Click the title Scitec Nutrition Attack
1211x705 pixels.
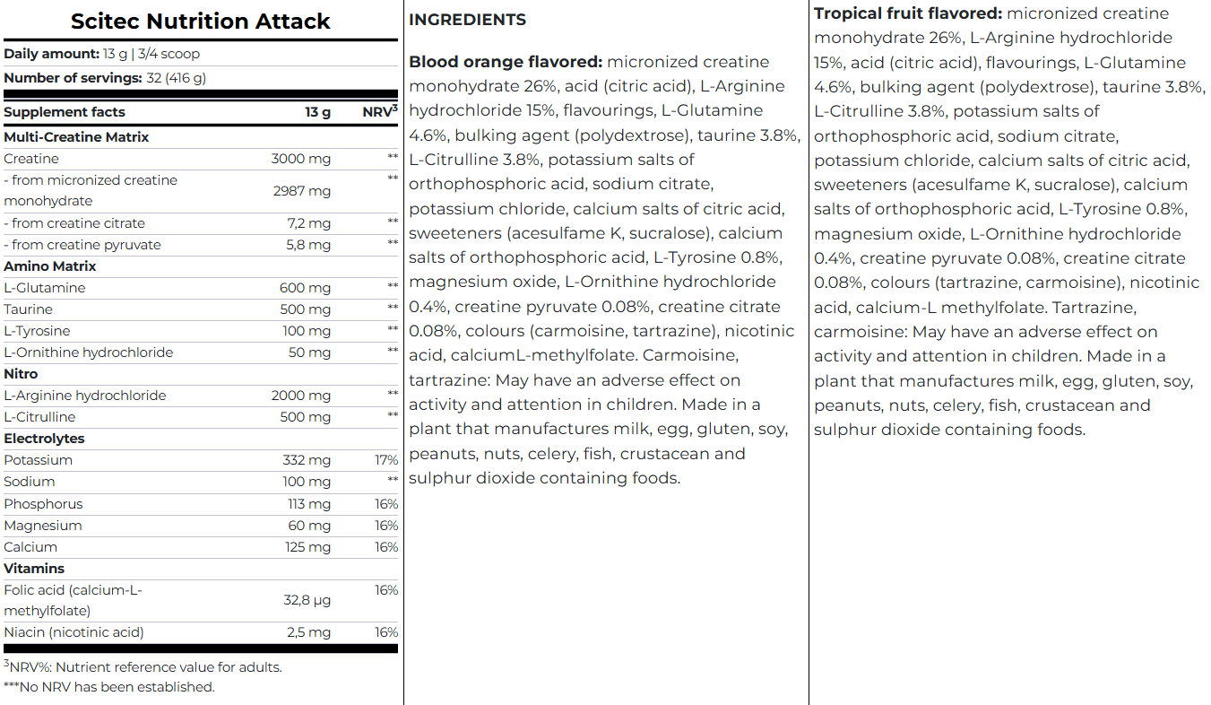pyautogui.click(x=200, y=22)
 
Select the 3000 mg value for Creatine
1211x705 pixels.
pyautogui.click(x=300, y=159)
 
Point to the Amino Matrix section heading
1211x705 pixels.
pyautogui.click(x=50, y=266)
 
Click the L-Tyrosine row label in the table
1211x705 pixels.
pyautogui.click(x=37, y=331)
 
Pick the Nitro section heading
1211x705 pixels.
pyautogui.click(x=21, y=374)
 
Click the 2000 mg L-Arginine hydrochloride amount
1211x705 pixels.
pyautogui.click(x=300, y=396)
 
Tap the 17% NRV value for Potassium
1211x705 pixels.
pyautogui.click(x=386, y=460)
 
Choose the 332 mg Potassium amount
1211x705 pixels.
pyautogui.click(x=306, y=460)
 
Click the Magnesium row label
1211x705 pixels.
pyautogui.click(x=42, y=526)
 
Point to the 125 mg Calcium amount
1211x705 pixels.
pyautogui.click(x=307, y=547)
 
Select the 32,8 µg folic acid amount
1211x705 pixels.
pyautogui.click(x=307, y=601)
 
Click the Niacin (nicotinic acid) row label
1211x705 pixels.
pyautogui.click(x=74, y=632)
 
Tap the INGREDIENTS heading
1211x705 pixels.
pyautogui.click(x=467, y=20)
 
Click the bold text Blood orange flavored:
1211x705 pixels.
pyautogui.click(x=506, y=62)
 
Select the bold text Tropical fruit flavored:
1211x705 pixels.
pyautogui.click(x=908, y=13)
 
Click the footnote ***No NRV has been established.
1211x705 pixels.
pyautogui.click(x=109, y=687)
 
